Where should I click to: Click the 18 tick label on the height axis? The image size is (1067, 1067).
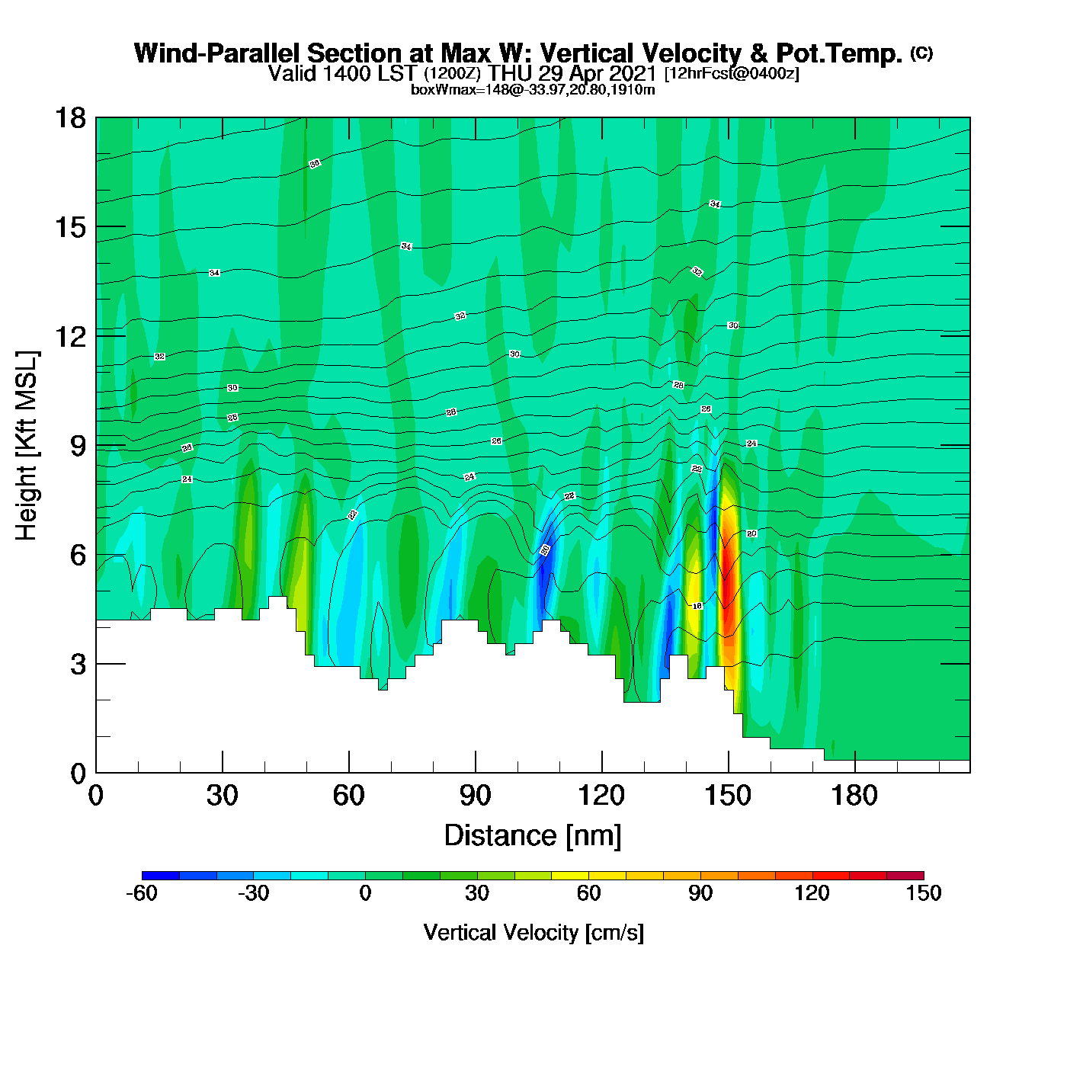pyautogui.click(x=70, y=118)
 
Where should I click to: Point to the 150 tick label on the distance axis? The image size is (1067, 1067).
pyautogui.click(x=728, y=796)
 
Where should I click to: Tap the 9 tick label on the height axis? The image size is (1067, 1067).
pyautogui.click(x=78, y=446)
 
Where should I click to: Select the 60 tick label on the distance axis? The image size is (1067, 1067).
pyautogui.click(x=349, y=796)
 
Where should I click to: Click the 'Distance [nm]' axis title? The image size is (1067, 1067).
pyautogui.click(x=533, y=835)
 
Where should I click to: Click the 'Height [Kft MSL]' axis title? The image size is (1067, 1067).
pyautogui.click(x=27, y=446)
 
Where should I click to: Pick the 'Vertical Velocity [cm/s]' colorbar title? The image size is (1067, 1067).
pyautogui.click(x=533, y=932)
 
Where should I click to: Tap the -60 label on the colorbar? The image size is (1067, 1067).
pyautogui.click(x=142, y=893)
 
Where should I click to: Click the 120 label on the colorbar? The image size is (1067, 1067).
pyautogui.click(x=812, y=893)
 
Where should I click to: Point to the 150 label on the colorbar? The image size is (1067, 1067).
pyautogui.click(x=923, y=893)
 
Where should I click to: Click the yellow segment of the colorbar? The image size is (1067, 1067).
pyautogui.click(x=570, y=876)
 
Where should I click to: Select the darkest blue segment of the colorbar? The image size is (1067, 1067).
pyautogui.click(x=161, y=876)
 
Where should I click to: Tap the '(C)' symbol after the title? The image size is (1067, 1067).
pyautogui.click(x=921, y=53)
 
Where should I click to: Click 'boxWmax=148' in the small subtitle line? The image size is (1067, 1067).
pyautogui.click(x=446, y=90)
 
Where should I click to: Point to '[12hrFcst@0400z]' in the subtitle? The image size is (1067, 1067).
pyautogui.click(x=732, y=74)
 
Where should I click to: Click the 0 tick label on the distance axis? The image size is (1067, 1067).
pyautogui.click(x=96, y=796)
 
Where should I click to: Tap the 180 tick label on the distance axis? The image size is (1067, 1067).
pyautogui.click(x=854, y=796)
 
